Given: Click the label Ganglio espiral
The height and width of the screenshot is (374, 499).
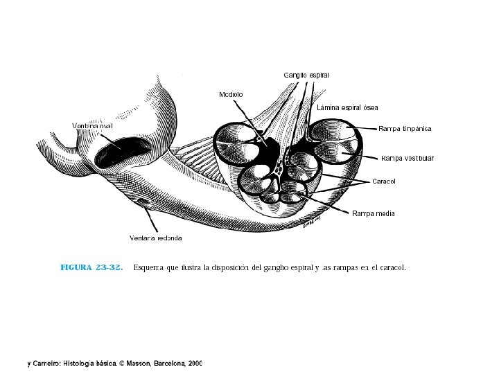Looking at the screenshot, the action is pyautogui.click(x=306, y=74).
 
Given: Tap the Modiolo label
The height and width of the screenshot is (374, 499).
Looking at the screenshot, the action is pyautogui.click(x=231, y=94).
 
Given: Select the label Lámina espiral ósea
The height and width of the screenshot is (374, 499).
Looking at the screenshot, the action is pyautogui.click(x=347, y=107).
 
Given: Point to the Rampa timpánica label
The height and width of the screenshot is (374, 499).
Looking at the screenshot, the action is pyautogui.click(x=405, y=129).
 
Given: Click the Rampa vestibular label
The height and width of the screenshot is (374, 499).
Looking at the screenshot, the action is pyautogui.click(x=407, y=159).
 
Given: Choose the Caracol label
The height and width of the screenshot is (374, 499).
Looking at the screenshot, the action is pyautogui.click(x=384, y=181).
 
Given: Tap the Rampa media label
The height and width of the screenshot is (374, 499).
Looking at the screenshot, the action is pyautogui.click(x=374, y=213).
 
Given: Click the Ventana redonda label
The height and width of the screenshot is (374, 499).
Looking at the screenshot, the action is pyautogui.click(x=156, y=238).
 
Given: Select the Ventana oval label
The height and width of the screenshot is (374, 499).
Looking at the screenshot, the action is pyautogui.click(x=92, y=125).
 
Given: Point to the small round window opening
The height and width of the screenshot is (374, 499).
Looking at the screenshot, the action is pyautogui.click(x=143, y=202).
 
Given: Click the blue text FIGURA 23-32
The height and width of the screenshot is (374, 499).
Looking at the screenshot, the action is pyautogui.click(x=91, y=267).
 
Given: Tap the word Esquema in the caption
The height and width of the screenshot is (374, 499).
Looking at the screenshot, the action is pyautogui.click(x=148, y=267).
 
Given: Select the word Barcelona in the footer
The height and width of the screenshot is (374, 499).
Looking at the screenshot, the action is pyautogui.click(x=164, y=362).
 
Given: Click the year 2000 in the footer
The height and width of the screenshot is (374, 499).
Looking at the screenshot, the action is pyautogui.click(x=195, y=362).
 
